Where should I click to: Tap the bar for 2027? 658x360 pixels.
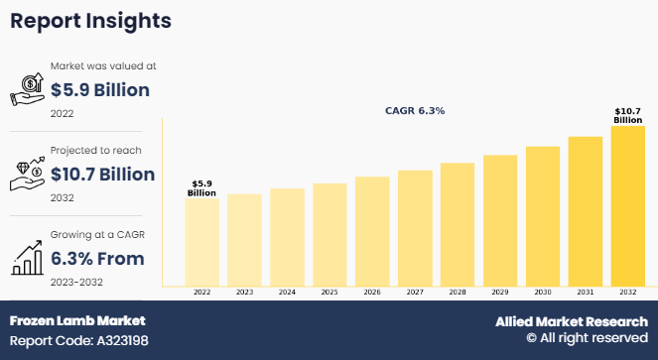pos(415,228)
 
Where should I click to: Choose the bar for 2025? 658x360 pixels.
pos(329,235)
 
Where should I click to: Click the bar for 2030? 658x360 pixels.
pos(543,216)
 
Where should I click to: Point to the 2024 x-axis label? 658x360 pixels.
pos(287,293)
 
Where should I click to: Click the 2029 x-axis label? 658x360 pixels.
pos(500,293)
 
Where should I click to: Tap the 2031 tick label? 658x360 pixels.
pos(586,293)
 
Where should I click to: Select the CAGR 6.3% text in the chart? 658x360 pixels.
pos(415,111)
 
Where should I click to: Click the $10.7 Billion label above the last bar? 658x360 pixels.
pos(628,115)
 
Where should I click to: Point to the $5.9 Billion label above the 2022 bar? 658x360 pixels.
pos(201,187)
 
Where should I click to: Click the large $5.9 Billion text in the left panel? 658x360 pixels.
pos(99,90)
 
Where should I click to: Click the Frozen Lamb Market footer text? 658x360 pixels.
pos(77,321)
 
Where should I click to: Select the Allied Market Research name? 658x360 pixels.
pos(572,321)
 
